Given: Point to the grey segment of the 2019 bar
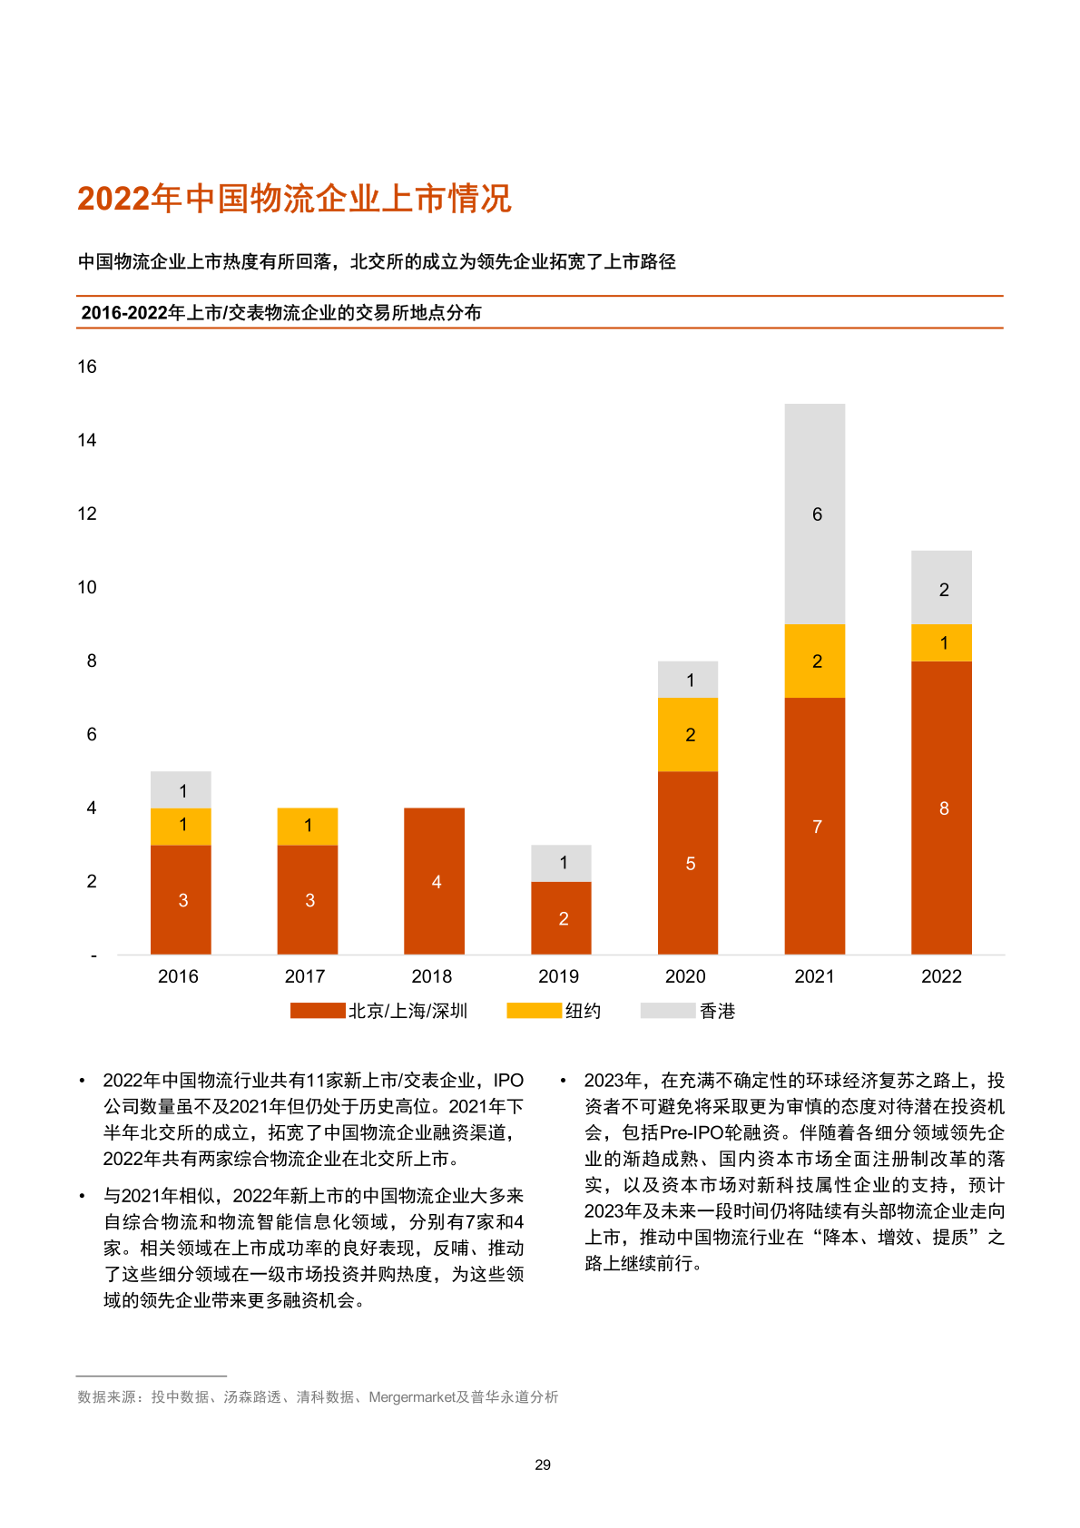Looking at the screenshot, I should point(561,863).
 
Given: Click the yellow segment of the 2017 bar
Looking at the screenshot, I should point(308,826).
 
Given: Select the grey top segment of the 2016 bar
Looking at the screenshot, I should point(181,789).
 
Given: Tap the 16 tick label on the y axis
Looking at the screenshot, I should point(87,367).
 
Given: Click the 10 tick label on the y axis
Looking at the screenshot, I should point(87,587).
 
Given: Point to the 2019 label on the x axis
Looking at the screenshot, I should point(558,976).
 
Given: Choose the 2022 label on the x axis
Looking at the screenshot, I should point(941,976).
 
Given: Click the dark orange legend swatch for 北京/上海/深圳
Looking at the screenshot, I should point(317,1011).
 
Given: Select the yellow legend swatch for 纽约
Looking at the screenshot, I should point(534,1011).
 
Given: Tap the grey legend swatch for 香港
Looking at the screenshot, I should point(667,1011).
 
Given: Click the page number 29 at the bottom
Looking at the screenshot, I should point(543,1464).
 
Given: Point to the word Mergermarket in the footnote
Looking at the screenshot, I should point(412,1397).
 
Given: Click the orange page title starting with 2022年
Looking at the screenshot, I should point(294,199).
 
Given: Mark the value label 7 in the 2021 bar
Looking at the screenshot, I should point(817,827).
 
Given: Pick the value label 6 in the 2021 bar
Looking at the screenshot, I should point(817,514).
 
